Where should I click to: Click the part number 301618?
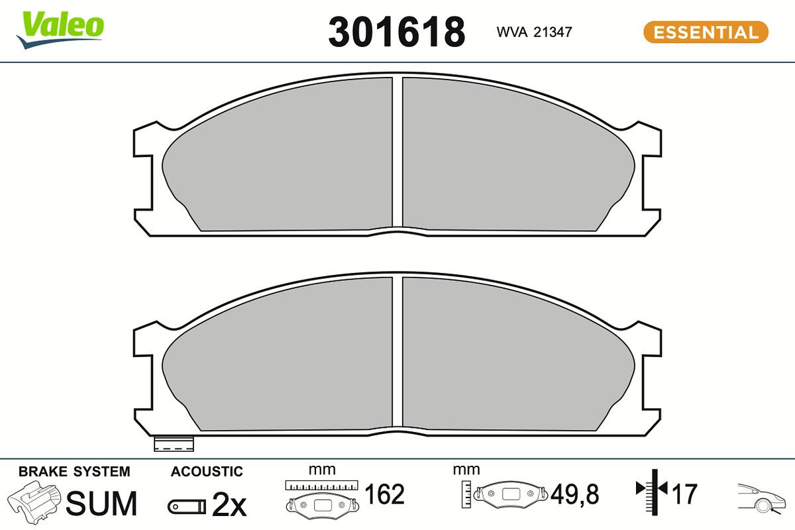pos(396,32)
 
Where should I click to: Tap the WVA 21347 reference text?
pos(534,32)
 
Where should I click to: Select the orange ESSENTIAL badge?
pos(706,32)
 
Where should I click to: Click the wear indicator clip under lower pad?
pos(173,444)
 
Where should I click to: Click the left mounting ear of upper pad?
pos(147,179)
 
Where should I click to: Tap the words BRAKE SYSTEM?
pos(74,472)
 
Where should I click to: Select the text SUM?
pos(101,503)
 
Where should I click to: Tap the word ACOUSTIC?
pos(207,472)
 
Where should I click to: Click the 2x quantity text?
pos(229,506)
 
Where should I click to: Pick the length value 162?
pos(384,494)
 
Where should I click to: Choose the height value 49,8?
pos(574,494)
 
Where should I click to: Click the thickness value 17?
pos(686,494)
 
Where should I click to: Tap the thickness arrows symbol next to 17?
pos(653,490)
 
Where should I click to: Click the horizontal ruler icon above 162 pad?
pos(321,485)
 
